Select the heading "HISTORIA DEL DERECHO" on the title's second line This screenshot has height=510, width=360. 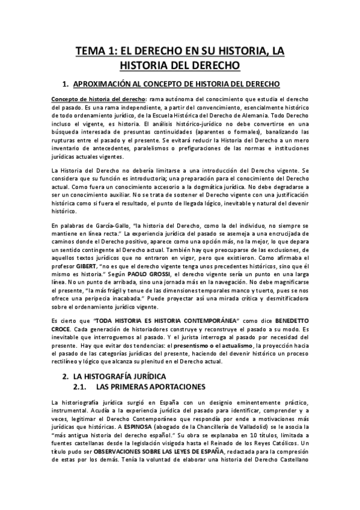pos(180,65)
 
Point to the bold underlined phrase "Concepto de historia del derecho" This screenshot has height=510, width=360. pos(98,99)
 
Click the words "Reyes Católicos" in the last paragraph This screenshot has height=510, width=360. pos(276,439)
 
